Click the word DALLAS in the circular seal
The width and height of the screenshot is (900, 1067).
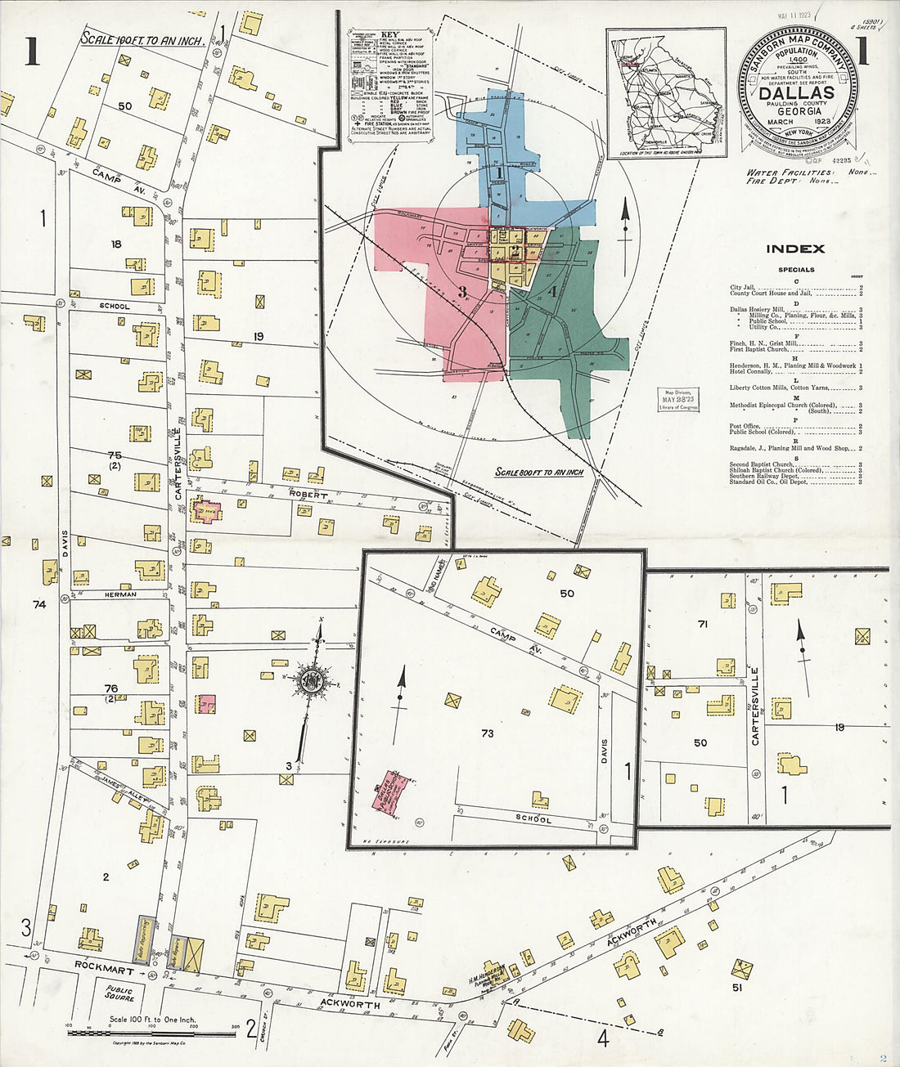click(x=796, y=92)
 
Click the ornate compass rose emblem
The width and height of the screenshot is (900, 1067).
click(x=312, y=680)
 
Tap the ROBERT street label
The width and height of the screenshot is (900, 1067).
click(x=307, y=495)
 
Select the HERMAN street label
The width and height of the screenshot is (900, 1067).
click(x=119, y=594)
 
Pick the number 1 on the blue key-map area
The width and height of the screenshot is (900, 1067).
click(x=498, y=173)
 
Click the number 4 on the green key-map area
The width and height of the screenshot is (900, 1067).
click(x=553, y=291)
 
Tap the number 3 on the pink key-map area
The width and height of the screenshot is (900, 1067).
click(x=462, y=291)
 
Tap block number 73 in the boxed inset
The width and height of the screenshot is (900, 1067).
click(x=487, y=733)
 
